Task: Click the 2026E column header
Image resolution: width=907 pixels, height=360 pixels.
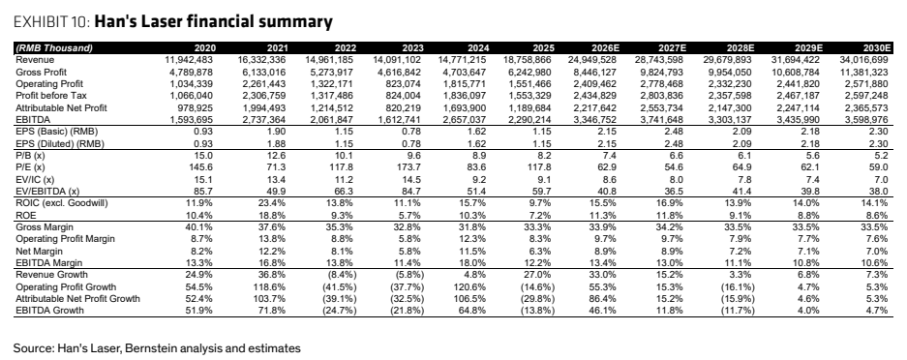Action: [x=603, y=48]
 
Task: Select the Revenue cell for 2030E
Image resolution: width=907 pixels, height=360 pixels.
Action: [x=863, y=60]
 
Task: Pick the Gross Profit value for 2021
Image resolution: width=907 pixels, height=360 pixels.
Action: [x=261, y=73]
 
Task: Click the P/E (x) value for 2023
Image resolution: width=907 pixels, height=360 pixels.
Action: [x=410, y=167]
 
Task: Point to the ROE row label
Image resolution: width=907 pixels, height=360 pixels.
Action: [x=25, y=215]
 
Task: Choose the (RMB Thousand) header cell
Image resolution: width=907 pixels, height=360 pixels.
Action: [x=54, y=48]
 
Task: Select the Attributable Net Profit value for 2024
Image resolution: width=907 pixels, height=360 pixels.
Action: [x=467, y=108]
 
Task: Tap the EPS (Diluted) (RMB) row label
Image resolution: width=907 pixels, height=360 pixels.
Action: [x=60, y=144]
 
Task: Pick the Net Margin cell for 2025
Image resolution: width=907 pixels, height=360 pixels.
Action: [x=542, y=252]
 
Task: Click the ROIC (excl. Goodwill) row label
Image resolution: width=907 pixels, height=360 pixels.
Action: [x=62, y=203]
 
